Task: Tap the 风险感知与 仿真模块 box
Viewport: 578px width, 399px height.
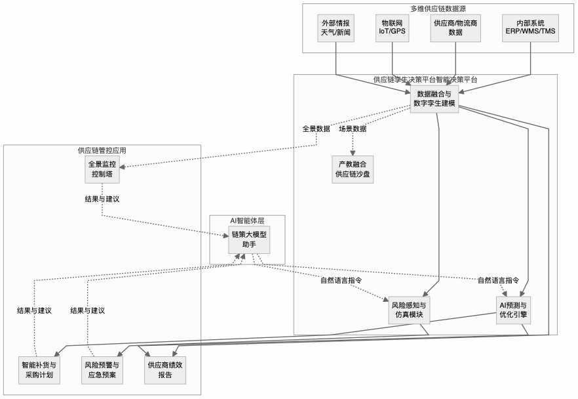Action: click(408, 310)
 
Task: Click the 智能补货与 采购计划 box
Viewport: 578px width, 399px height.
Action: click(39, 370)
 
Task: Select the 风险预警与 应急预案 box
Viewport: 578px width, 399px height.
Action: click(102, 370)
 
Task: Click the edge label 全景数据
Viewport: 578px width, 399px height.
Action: click(316, 129)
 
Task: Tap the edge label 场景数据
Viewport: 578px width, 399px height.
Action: click(353, 129)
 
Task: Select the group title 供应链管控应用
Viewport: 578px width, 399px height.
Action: click(102, 150)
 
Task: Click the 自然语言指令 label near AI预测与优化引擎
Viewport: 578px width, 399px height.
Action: click(498, 280)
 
